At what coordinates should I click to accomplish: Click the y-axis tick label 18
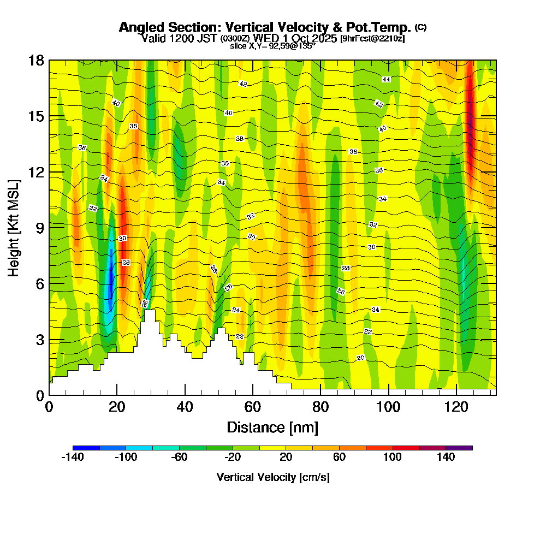pyautogui.click(x=35, y=60)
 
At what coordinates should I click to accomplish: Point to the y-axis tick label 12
pyautogui.click(x=35, y=172)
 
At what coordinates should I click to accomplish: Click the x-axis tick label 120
pyautogui.click(x=455, y=407)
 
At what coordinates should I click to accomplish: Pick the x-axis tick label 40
pyautogui.click(x=185, y=407)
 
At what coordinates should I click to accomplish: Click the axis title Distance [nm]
pyautogui.click(x=272, y=427)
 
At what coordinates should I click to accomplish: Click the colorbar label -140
pyautogui.click(x=72, y=458)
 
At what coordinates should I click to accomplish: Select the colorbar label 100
pyautogui.click(x=393, y=458)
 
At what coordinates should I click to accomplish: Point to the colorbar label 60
pyautogui.click(x=339, y=458)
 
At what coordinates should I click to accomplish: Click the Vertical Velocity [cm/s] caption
pyautogui.click(x=272, y=477)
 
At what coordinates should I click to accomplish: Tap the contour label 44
pyautogui.click(x=386, y=79)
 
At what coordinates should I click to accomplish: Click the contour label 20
pyautogui.click(x=360, y=358)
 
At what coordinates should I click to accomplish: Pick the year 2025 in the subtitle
pyautogui.click(x=325, y=38)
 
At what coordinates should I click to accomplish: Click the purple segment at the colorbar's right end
pyautogui.click(x=459, y=448)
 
